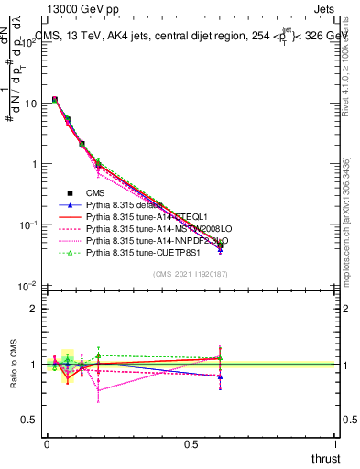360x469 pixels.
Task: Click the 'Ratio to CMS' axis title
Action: pyautogui.click(x=13, y=365)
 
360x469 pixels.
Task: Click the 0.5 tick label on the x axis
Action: pyautogui.click(x=191, y=444)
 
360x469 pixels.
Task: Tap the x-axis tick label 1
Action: pyautogui.click(x=335, y=444)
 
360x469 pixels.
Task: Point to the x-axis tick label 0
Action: pyautogui.click(x=47, y=444)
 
